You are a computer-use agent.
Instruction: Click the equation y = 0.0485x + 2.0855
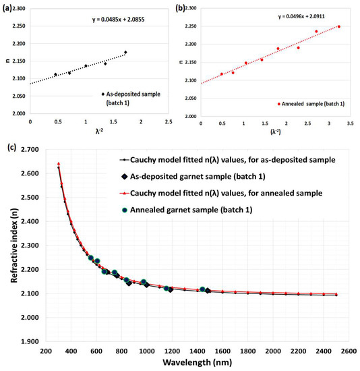pos(118,20)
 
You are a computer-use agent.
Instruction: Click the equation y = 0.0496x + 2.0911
pos(301,16)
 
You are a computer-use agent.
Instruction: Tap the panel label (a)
pos(7,9)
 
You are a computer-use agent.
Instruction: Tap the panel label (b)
pos(180,8)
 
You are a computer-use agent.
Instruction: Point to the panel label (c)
pos(12,148)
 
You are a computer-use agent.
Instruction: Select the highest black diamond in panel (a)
pos(125,53)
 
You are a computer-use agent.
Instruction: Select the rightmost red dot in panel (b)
pos(338,26)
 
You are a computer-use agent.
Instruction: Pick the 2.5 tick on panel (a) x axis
pos(169,122)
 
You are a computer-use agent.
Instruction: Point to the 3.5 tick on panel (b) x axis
pos(351,123)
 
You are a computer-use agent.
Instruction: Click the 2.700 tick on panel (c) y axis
pos(30,150)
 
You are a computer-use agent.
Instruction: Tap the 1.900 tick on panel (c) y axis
pos(30,342)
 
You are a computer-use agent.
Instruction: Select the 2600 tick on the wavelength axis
pos(349,351)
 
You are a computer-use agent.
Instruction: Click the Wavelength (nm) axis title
pos(198,362)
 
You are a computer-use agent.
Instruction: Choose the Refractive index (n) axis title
pos(14,246)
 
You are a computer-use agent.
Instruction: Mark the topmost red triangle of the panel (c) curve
pos(59,163)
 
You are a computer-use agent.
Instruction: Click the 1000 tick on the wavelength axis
pos(147,351)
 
